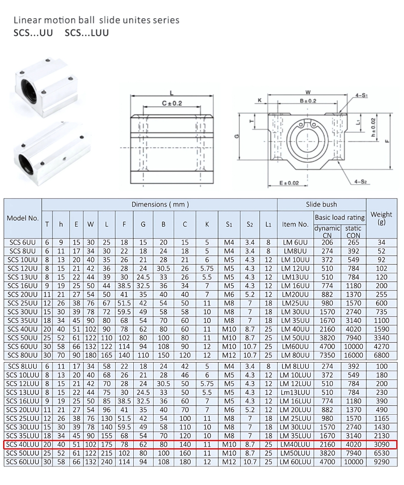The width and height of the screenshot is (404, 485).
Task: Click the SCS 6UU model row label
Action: click(22, 242)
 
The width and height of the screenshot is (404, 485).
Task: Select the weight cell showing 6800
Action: click(381, 355)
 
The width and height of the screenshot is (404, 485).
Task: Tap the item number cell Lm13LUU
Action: click(295, 392)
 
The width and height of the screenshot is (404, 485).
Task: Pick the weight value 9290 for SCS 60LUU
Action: click(381, 462)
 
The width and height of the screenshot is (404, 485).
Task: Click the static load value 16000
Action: click(353, 355)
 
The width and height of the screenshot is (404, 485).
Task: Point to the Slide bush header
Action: click(321, 205)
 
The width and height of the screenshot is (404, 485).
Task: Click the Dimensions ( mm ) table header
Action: click(160, 205)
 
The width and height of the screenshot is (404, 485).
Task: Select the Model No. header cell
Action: click(23, 218)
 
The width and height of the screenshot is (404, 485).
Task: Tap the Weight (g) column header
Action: click(381, 218)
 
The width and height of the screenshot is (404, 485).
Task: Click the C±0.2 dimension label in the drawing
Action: click(172, 103)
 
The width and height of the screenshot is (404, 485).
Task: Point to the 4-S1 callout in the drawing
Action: click(361, 96)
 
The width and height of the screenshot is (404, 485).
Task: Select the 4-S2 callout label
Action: click(360, 182)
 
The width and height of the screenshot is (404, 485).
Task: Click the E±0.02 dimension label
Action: click(289, 183)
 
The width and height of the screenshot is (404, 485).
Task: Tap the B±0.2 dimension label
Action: click(308, 101)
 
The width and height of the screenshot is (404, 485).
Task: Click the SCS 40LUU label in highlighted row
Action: click(23, 445)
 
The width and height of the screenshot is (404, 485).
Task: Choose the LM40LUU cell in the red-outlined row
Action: click(295, 445)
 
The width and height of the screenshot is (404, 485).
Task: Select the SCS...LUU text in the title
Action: click(86, 33)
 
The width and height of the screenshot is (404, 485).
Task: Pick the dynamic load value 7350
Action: click(327, 355)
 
